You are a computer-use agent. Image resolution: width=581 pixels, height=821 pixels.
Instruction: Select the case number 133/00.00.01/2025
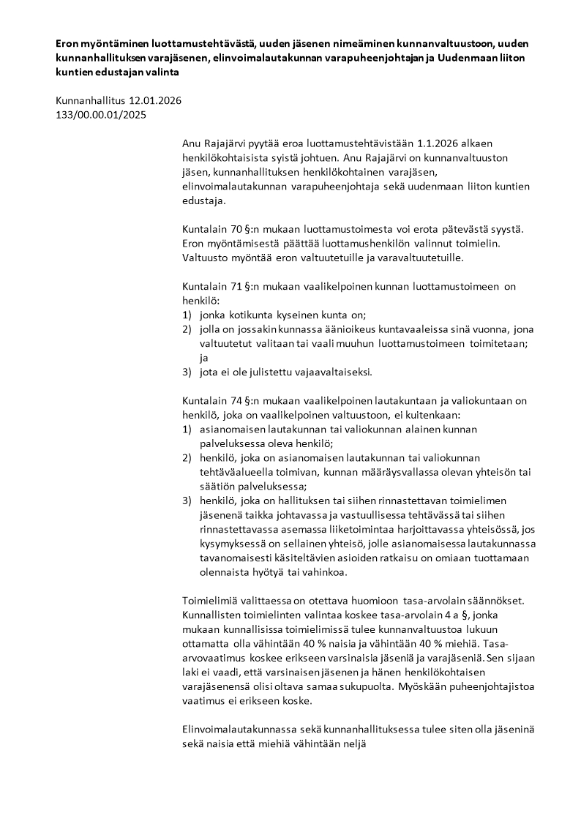(x=101, y=115)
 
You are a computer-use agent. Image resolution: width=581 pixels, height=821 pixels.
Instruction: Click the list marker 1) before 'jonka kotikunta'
(x=187, y=315)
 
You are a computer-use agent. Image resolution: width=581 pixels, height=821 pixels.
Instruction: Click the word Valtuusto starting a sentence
(x=206, y=258)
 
